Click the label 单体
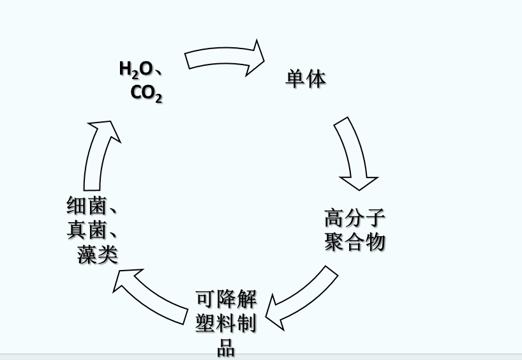[305, 79]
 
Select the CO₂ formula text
[146, 93]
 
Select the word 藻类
[98, 255]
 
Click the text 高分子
[355, 218]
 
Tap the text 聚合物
[355, 242]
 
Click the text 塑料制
[226, 324]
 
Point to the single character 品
[226, 348]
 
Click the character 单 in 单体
[295, 79]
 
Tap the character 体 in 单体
[316, 79]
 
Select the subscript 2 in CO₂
[158, 98]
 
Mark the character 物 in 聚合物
[376, 242]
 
